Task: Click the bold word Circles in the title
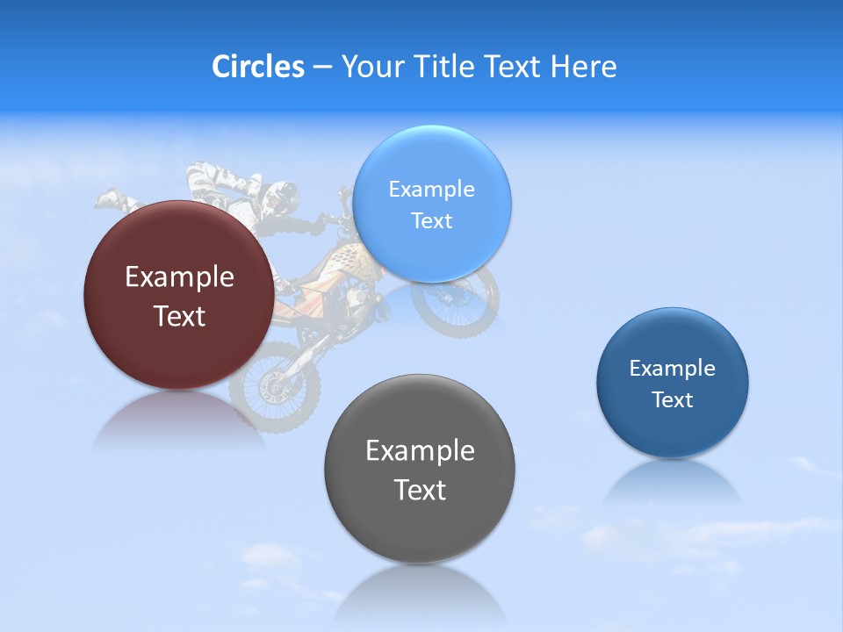coord(258,67)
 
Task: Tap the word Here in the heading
coord(584,67)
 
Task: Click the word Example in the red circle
coord(179,277)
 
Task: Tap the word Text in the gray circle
coord(420,490)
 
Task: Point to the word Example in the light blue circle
coord(431,189)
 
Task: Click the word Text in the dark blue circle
coord(673,400)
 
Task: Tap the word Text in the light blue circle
coord(431,221)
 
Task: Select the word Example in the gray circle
coord(420,451)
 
